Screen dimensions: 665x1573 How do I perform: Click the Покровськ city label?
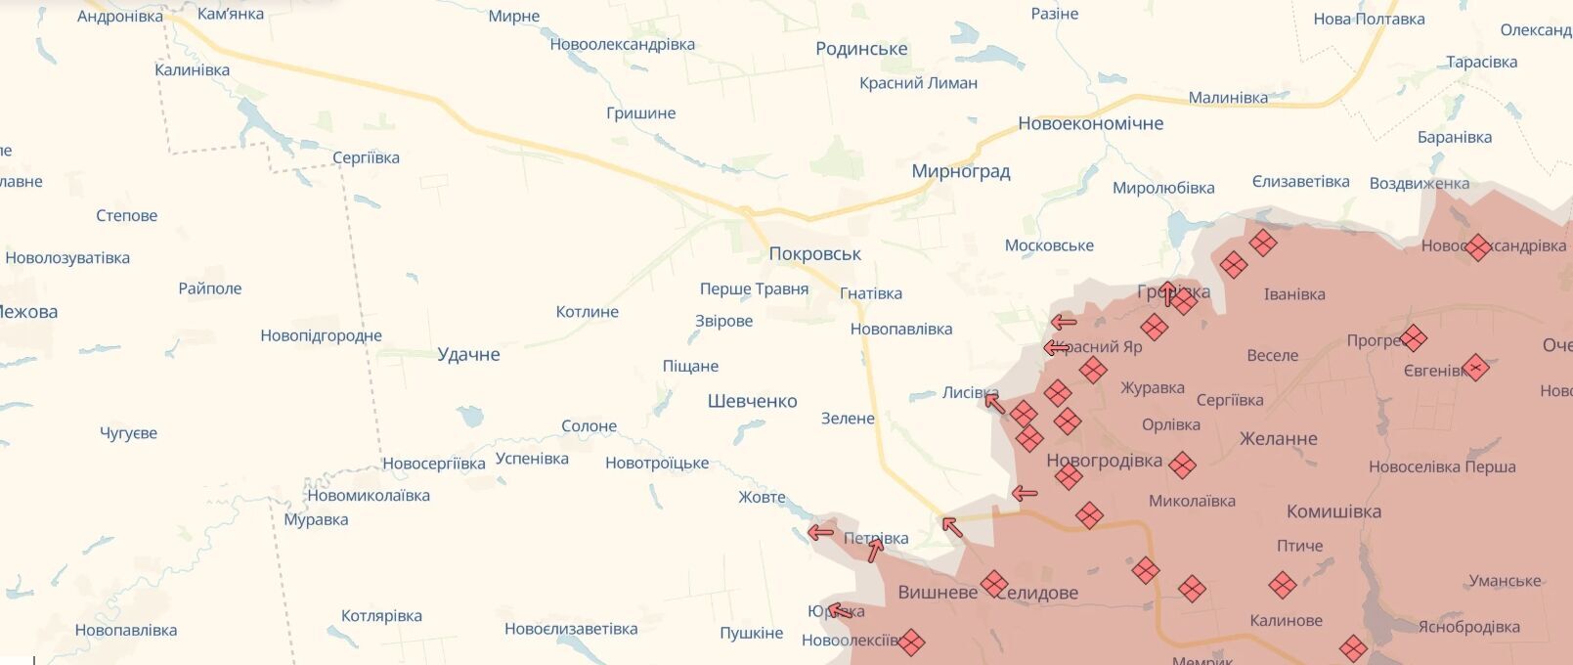tap(814, 254)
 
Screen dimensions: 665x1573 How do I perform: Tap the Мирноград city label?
tap(960, 171)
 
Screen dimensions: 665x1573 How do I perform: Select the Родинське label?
tap(861, 49)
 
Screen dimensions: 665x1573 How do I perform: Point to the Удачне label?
tap(468, 354)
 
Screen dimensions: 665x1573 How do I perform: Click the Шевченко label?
tap(752, 401)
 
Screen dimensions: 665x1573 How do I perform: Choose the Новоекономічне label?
tap(1090, 123)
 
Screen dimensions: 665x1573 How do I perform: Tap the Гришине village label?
tap(640, 113)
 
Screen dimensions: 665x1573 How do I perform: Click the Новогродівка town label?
tap(1104, 460)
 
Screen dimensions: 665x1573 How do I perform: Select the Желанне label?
tap(1278, 438)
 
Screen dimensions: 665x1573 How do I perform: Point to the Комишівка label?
tap(1333, 511)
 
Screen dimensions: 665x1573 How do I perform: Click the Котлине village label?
tap(587, 312)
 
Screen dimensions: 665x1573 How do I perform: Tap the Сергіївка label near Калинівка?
tap(366, 157)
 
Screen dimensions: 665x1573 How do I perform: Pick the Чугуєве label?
tap(128, 433)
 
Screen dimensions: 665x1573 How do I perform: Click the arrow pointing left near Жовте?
tap(820, 533)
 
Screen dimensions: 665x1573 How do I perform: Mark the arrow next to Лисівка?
tap(993, 402)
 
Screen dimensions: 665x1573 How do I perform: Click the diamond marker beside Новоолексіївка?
tap(911, 643)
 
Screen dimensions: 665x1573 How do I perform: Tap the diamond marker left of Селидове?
tap(994, 584)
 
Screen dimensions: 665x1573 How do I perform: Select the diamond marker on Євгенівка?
tap(1476, 368)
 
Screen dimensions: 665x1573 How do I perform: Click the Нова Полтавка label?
tap(1369, 19)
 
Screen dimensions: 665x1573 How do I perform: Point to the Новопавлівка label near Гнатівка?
tap(900, 330)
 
